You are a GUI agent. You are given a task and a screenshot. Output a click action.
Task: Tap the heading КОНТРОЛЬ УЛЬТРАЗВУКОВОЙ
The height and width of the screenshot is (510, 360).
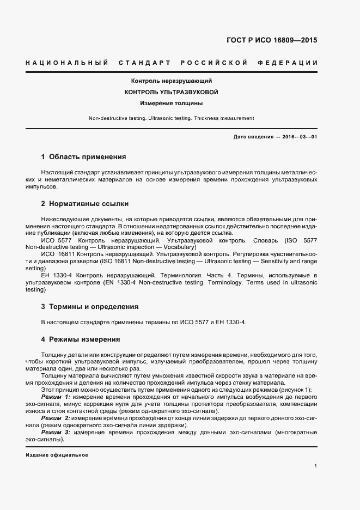tap(172, 92)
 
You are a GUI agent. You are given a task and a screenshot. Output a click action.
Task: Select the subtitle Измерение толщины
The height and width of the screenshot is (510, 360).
tap(172, 103)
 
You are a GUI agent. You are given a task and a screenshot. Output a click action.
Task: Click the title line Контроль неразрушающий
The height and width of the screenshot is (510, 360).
tap(172, 81)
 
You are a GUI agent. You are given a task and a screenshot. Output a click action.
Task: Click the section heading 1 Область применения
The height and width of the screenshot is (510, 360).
tap(83, 157)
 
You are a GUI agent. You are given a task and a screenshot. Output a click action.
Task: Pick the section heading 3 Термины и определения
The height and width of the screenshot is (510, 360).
tap(90, 306)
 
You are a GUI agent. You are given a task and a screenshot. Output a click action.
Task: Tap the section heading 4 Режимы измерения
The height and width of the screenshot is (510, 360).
tap(80, 339)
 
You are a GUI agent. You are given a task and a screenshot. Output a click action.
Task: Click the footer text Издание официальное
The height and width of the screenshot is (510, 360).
tap(57, 454)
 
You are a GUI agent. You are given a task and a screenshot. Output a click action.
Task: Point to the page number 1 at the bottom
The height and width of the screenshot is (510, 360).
tap(316, 466)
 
